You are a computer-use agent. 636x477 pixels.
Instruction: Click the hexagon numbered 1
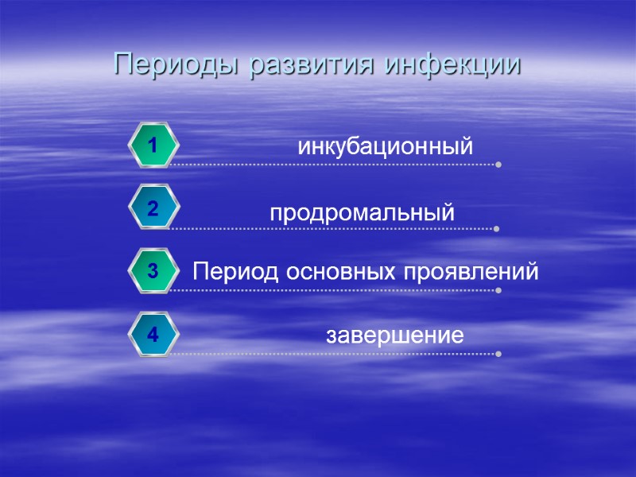pos(153,145)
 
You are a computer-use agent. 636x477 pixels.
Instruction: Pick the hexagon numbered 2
pos(153,208)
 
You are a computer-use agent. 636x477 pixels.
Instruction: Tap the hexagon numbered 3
pos(153,272)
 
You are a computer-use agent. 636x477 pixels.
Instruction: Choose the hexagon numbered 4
pos(153,335)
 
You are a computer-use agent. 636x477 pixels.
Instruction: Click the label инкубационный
pos(385,147)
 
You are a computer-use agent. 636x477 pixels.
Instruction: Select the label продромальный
pos(362,214)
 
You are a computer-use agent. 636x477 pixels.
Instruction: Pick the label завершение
pos(395,335)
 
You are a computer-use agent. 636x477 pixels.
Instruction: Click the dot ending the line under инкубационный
pos(498,165)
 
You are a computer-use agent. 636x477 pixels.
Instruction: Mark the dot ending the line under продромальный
pos(497,229)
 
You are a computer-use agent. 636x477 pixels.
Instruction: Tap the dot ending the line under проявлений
pos(498,291)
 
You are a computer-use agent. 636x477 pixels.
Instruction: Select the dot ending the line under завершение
pos(498,354)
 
